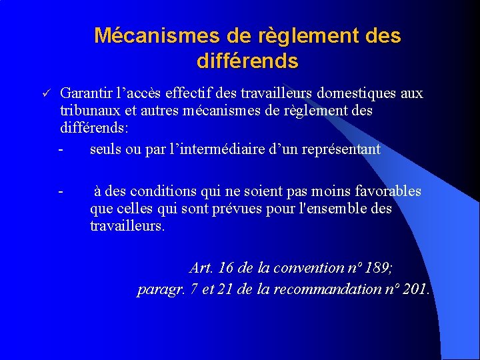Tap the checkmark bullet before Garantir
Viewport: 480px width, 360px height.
coord(42,93)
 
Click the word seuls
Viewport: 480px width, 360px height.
coord(105,149)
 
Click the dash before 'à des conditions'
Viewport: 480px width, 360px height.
coord(60,191)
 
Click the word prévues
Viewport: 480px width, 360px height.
coord(239,209)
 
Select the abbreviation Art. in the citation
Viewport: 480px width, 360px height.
coord(201,268)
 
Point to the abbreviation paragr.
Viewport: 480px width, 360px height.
coord(157,290)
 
